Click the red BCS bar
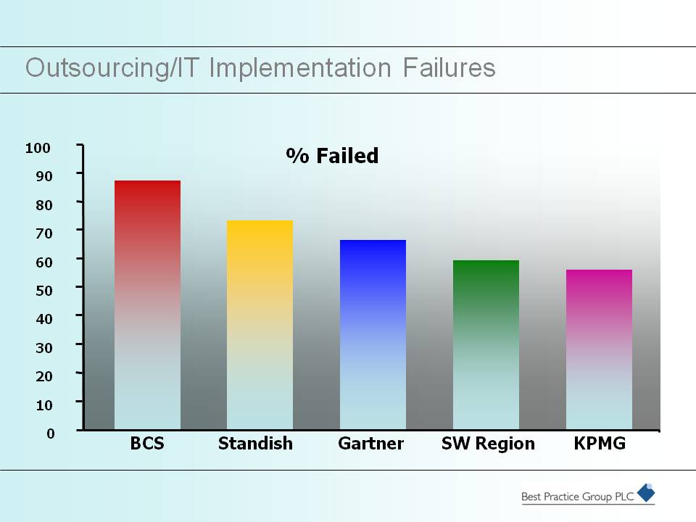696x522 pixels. (147, 305)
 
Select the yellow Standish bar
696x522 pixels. (260, 325)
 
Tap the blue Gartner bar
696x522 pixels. (373, 335)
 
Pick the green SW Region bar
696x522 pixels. (486, 345)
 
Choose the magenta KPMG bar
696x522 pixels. (600, 349)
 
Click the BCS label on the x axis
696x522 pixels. (147, 444)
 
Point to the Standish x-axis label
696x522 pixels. (255, 444)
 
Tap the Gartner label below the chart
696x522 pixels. (370, 444)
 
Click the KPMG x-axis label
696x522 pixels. (600, 444)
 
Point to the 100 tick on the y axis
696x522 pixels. (38, 148)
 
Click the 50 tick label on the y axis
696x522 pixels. (44, 291)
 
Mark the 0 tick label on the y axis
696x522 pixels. (51, 434)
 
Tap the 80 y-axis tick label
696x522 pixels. (44, 205)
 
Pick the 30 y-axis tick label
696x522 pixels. (44, 348)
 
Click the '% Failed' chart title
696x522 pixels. (332, 156)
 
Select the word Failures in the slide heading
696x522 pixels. (449, 68)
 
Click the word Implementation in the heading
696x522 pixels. (300, 69)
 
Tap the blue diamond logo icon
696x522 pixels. (646, 493)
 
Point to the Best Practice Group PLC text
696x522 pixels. (578, 497)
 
